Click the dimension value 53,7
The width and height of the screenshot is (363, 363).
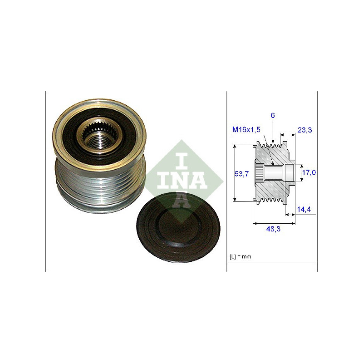click(x=241, y=174)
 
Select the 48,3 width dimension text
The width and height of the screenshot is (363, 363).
click(x=273, y=229)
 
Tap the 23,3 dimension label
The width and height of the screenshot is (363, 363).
click(x=304, y=130)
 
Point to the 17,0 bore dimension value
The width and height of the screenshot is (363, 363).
click(x=309, y=172)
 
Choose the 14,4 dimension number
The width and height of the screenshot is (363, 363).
click(x=304, y=209)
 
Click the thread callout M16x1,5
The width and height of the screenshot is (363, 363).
click(x=246, y=129)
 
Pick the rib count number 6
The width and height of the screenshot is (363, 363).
click(x=273, y=115)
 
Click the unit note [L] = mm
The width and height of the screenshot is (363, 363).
click(x=240, y=256)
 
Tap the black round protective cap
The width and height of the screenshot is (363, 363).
click(x=178, y=228)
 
